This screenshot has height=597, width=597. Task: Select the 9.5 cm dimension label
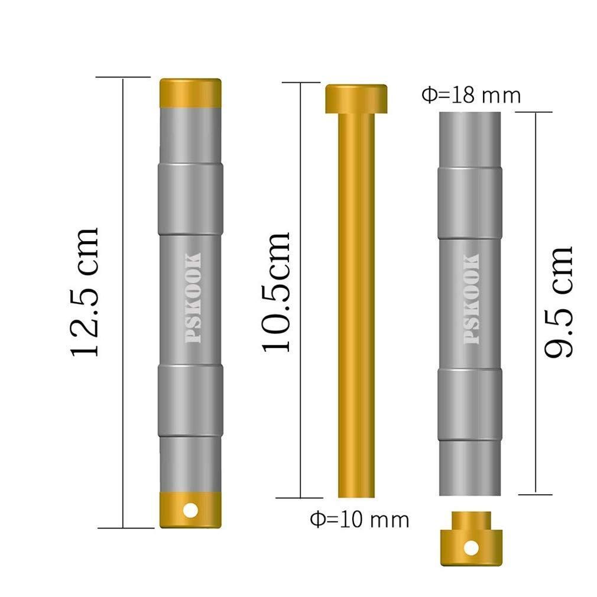pos(558,302)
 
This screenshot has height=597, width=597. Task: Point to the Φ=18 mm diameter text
pos(471,95)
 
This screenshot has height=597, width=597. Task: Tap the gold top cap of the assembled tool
pos(190,93)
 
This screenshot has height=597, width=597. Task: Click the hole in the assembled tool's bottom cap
pos(190,510)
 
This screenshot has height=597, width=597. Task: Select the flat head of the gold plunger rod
pos(356,99)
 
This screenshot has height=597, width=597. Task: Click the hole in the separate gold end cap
pos(471,549)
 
